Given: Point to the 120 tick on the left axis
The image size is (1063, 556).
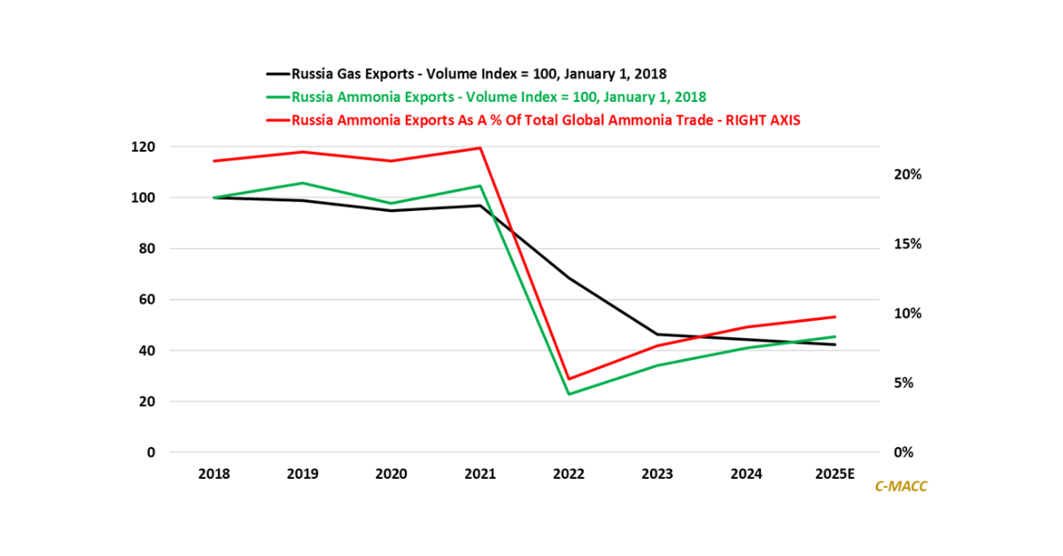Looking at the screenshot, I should pos(143,147).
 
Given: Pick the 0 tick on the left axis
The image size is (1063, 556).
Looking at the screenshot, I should pos(151,452).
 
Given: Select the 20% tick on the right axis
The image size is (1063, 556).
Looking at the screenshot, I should pos(906,175).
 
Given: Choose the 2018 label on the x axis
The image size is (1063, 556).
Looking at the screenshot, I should pos(214,474).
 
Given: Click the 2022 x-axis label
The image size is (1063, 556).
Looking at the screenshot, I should pos(569,474).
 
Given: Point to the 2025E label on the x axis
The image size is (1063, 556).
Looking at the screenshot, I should pos(834,474).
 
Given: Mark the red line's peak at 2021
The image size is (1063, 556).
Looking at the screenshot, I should pos(480,147).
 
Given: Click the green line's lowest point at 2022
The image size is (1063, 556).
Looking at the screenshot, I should pos(569,394).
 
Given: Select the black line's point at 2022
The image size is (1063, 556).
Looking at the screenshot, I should pos(569,278).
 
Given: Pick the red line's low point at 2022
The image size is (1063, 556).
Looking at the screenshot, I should pos(569,379).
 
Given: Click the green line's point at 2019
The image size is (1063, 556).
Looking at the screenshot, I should pos(303,183).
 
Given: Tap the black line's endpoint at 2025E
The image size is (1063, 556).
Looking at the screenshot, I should pos(834,344).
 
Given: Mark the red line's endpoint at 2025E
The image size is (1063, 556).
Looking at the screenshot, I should pos(834,317).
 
